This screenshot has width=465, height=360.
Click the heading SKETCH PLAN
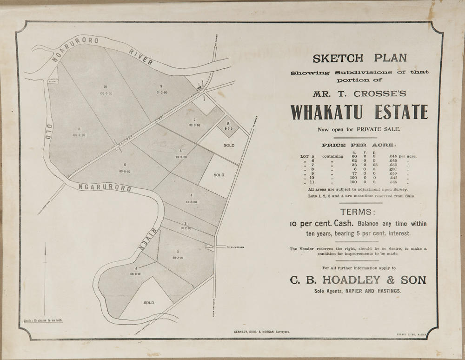pyautogui.click(x=359, y=59)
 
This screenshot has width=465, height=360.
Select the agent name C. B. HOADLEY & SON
pyautogui.click(x=358, y=280)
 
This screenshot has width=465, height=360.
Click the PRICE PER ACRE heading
pyautogui.click(x=357, y=145)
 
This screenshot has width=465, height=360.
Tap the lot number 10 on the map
pyautogui.click(x=106, y=87)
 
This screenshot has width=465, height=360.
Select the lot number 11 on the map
pyautogui.click(x=80, y=129)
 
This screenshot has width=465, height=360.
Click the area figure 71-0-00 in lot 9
pyautogui.click(x=162, y=93)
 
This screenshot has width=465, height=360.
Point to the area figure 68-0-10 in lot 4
pyautogui.click(x=136, y=274)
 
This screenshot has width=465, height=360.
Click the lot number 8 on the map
pyautogui.click(x=228, y=123)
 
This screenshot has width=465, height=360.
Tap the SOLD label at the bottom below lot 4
pyautogui.click(x=148, y=303)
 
